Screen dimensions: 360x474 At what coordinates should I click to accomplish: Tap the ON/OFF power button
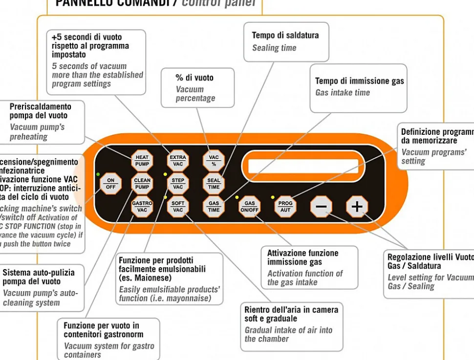coord(111,184)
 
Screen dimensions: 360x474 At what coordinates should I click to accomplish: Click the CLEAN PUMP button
coord(142,184)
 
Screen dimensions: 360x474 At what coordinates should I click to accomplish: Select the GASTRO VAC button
coord(142,206)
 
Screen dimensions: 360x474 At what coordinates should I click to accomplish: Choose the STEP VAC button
coord(178,184)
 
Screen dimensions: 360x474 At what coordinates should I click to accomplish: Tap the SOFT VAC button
coord(178,206)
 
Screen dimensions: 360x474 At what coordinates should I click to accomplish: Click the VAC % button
coord(214,161)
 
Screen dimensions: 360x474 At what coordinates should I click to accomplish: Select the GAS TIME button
coord(214,206)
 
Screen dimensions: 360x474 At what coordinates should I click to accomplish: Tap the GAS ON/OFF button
coord(250,207)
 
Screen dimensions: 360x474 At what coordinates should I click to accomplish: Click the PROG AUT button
coord(285,207)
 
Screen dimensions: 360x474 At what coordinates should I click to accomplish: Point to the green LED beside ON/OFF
coord(98,174)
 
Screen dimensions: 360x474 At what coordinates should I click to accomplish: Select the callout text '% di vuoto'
coord(194,78)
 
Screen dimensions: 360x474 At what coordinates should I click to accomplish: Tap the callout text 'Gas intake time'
coord(343,93)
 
